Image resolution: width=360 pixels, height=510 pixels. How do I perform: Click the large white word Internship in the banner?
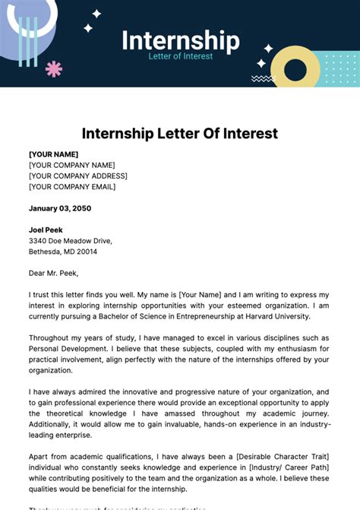(181, 40)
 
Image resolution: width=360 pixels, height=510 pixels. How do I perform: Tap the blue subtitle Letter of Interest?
(181, 57)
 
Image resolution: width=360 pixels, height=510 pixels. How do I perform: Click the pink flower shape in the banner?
(54, 69)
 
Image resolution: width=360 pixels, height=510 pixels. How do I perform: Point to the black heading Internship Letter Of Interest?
(180, 134)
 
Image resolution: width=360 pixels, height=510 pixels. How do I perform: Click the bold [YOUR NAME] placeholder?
(54, 154)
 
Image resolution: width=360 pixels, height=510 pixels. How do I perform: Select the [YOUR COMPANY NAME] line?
(72, 165)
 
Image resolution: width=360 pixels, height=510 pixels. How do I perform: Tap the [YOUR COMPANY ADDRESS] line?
(78, 176)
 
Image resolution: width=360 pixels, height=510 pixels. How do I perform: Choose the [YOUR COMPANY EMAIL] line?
(72, 186)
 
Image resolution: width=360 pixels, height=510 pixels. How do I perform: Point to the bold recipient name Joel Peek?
(46, 230)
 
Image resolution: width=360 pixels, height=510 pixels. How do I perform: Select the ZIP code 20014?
(86, 251)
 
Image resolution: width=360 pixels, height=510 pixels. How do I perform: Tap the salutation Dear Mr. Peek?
(53, 273)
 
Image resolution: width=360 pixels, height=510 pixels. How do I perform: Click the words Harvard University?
(278, 315)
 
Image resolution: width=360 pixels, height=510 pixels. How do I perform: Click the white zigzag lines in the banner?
(262, 78)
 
